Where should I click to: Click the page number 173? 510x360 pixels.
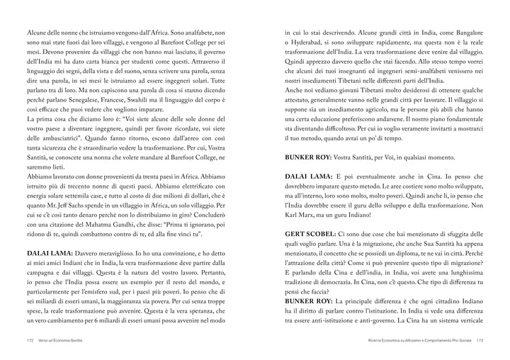pos(480,339)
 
